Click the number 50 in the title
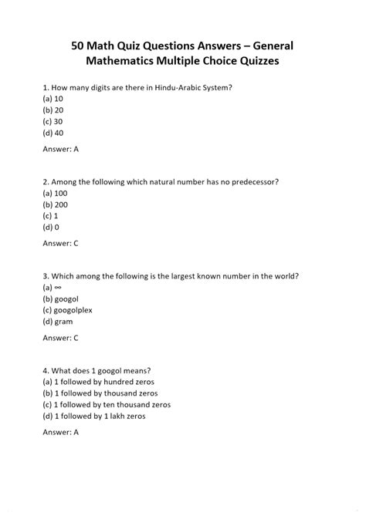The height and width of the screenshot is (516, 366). tap(79, 48)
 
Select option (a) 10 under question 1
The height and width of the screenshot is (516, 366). tap(53, 99)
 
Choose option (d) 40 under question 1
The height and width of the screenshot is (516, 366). tap(53, 133)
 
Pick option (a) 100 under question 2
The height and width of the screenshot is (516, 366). tap(56, 194)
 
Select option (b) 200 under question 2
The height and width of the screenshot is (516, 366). tap(56, 204)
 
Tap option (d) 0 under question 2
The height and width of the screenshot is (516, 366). tap(51, 227)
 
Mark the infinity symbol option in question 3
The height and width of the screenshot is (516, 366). tap(52, 287)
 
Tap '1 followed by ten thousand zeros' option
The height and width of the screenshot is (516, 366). tap(107, 404)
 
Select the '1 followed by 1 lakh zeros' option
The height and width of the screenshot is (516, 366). tap(94, 416)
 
